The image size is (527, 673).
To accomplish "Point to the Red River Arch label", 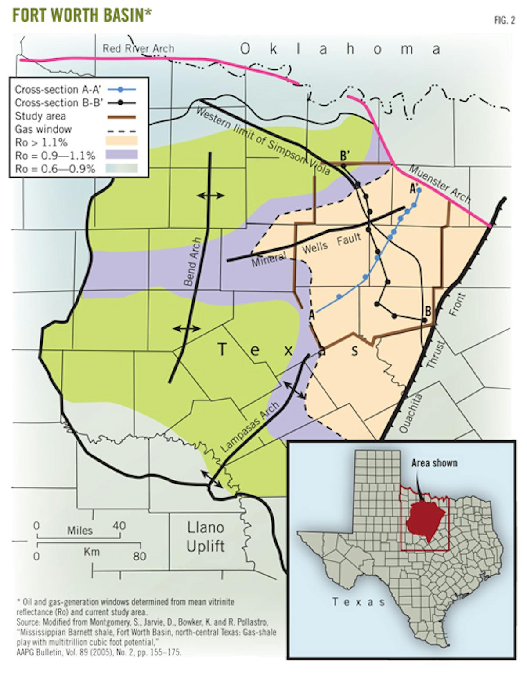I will coord(138,48).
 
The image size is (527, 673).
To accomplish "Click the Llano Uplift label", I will coord(206,536).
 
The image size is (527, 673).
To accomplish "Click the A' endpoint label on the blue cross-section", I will coord(413,188).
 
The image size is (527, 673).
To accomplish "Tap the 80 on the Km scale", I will coord(140,556).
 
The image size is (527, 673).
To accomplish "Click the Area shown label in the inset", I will coord(434,463).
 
